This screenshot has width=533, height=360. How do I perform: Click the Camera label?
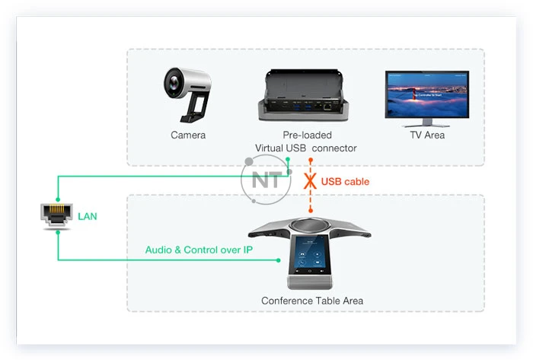point(188,135)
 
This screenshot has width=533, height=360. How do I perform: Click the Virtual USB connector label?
point(306,148)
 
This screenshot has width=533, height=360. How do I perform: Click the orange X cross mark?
point(311,181)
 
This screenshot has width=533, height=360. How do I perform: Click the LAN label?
point(88,217)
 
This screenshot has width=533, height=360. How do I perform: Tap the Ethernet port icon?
point(58,217)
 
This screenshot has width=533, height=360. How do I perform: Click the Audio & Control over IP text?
point(199,250)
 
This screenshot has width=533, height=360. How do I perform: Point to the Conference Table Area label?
point(312,301)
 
